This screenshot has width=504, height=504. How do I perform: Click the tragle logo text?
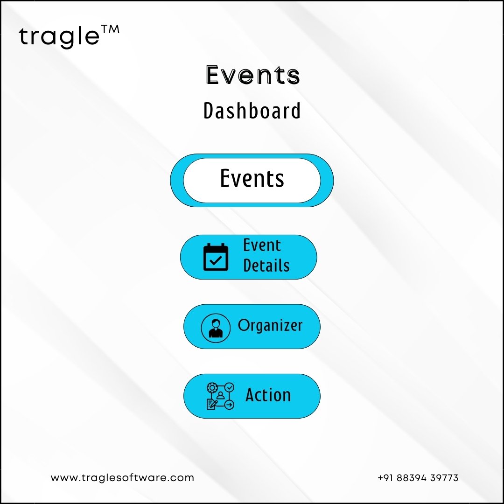coord(59,36)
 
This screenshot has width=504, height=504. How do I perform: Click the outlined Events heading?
coord(252,75)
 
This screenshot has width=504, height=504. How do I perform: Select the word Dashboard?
coord(252,111)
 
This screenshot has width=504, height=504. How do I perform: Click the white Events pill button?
coord(252,180)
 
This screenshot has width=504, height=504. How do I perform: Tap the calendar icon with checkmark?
coord(216,257)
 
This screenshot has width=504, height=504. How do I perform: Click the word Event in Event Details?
coord(262,245)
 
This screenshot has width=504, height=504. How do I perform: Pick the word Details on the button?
coord(266,266)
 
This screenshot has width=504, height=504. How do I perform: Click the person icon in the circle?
coord(216,328)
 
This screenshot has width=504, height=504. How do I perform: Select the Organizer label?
coord(270,325)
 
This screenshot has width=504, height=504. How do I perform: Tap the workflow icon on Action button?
coord(220,396)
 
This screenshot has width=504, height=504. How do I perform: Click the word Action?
coord(268,395)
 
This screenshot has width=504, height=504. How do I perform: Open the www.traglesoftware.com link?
coord(122,478)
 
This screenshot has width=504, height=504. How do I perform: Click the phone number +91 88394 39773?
coord(418,478)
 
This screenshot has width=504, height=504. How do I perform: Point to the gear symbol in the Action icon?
coord(212,388)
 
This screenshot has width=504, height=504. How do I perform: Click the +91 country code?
coord(386,478)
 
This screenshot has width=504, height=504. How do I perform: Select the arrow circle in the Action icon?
coord(229,405)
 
